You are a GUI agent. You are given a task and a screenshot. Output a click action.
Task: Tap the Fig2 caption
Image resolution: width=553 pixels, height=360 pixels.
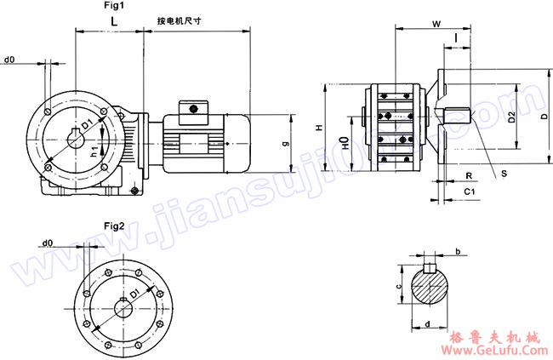pyautogui.click(x=114, y=226)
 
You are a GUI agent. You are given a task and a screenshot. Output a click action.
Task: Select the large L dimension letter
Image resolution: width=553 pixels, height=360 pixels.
pyautogui.click(x=113, y=20)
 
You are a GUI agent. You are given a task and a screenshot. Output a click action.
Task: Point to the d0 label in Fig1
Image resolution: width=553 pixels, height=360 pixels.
pyautogui.click(x=10, y=60)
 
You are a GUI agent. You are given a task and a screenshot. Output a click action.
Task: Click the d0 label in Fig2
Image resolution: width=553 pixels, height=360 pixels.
pyautogui.click(x=47, y=243)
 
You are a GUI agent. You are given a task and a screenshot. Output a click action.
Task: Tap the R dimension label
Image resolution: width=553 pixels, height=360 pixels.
pyautogui.click(x=469, y=174)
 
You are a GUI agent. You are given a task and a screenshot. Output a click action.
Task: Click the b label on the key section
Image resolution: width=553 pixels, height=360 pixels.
pyautogui.click(x=458, y=252)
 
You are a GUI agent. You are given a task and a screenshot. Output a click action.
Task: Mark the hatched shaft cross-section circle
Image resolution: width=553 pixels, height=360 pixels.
pyautogui.click(x=433, y=288)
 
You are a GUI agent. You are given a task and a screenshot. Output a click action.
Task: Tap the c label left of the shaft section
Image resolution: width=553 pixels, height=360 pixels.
pyautogui.click(x=398, y=287)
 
